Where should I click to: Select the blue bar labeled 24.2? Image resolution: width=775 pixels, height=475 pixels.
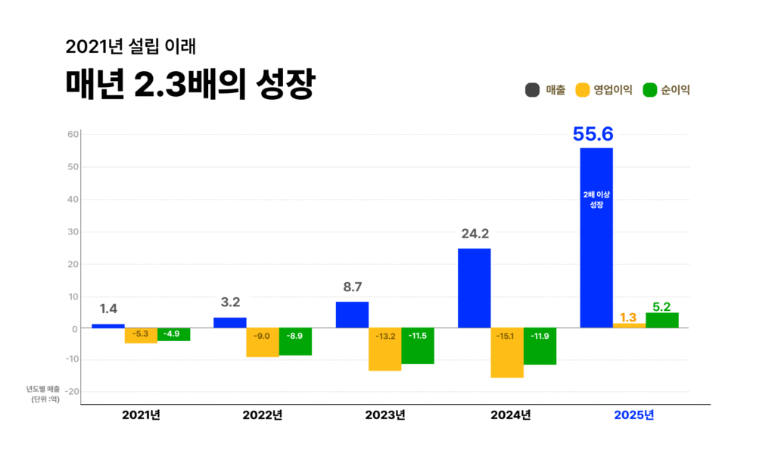coord(475,288)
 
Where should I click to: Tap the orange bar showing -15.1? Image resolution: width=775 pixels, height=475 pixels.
coord(507,352)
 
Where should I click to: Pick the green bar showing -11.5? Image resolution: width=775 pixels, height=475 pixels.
coord(418,346)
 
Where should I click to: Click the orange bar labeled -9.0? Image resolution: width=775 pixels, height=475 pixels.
coord(263,343)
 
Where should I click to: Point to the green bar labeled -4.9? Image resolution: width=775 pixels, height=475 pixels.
coord(173,334)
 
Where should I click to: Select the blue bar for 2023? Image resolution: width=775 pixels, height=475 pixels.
coord(352,315)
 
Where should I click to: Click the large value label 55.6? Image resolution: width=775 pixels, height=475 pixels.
coord(593,134)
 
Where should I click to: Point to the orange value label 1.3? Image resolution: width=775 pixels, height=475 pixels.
coord(628,318)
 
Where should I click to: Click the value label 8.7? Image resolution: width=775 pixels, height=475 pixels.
coord(352,287)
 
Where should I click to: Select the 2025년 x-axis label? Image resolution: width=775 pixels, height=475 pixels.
coord(633,415)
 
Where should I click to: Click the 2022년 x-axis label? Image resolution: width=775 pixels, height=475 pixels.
coord(263,415)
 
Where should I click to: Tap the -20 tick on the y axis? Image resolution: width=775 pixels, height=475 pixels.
coord(70,392)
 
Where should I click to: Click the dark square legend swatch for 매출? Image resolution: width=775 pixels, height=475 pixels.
coord(532,90)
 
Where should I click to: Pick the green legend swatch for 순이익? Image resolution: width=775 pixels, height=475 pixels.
coord(649,90)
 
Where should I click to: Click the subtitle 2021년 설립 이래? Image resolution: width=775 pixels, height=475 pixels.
coord(131,46)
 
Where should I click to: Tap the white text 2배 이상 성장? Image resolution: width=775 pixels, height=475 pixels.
coord(596,199)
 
